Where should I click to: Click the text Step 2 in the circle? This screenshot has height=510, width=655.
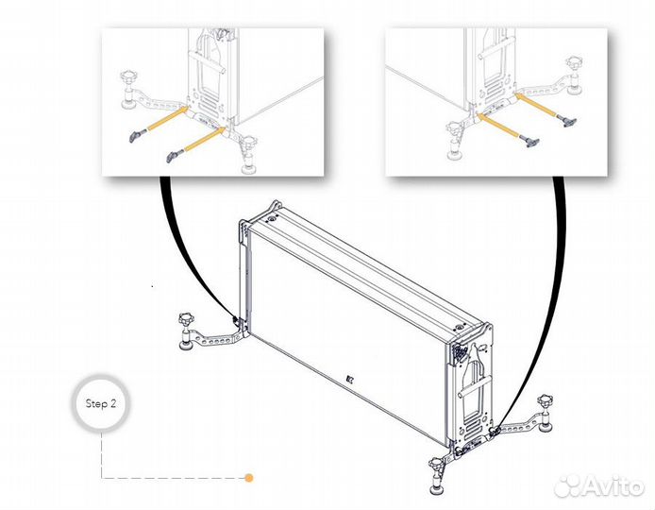(x=100, y=404)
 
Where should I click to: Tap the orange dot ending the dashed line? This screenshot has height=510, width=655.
(x=249, y=478)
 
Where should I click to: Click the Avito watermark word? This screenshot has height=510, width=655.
(x=612, y=486)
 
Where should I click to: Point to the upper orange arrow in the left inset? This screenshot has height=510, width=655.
(x=167, y=118)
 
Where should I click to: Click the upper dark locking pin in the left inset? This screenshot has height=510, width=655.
(x=137, y=135)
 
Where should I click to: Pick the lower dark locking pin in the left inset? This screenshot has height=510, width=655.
(x=175, y=155)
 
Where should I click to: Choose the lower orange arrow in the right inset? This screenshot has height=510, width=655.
(x=498, y=125)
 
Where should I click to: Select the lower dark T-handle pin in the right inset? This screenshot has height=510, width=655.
(x=529, y=141)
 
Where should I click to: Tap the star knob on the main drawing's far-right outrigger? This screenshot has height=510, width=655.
(x=546, y=400)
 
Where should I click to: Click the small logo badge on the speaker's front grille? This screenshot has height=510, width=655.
(x=350, y=380)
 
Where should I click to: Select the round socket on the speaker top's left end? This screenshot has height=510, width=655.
(x=273, y=218)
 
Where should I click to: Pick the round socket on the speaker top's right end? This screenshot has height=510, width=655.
(x=459, y=327)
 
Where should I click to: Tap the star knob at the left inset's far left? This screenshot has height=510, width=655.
(x=128, y=78)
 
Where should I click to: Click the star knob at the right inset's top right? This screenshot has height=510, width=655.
(x=575, y=62)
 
